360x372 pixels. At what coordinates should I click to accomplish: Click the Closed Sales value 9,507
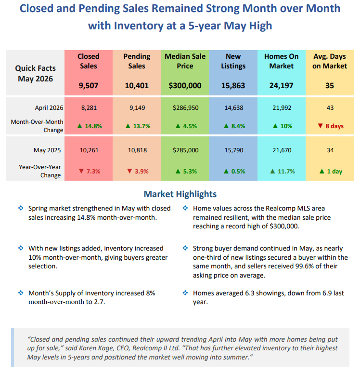pos(89,85)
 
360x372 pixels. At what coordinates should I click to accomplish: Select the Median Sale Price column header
pos(185,61)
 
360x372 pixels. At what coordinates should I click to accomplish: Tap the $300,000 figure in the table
pos(185,85)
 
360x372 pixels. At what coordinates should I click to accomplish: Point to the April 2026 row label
pos(49,108)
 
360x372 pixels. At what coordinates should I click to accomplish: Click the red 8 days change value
pos(331,126)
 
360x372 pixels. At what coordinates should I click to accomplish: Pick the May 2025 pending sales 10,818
pos(137,150)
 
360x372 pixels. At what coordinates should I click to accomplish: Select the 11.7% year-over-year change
pos(282,171)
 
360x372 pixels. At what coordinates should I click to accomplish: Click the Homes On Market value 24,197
pos(282,85)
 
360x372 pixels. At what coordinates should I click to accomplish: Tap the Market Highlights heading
pos(180,194)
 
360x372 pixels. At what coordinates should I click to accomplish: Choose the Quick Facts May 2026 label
pos(35,73)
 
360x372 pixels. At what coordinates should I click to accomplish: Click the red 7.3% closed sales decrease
pos(90,171)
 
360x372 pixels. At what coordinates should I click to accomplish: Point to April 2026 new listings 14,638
pos(234,108)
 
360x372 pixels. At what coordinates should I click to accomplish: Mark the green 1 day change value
pos(331,171)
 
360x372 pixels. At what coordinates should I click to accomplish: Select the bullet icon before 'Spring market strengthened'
pos(21,208)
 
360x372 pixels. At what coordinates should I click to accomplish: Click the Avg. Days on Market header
pos(330,61)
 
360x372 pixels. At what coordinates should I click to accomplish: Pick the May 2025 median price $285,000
pos(186,150)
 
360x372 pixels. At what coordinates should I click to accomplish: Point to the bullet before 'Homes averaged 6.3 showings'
pos(185,293)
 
